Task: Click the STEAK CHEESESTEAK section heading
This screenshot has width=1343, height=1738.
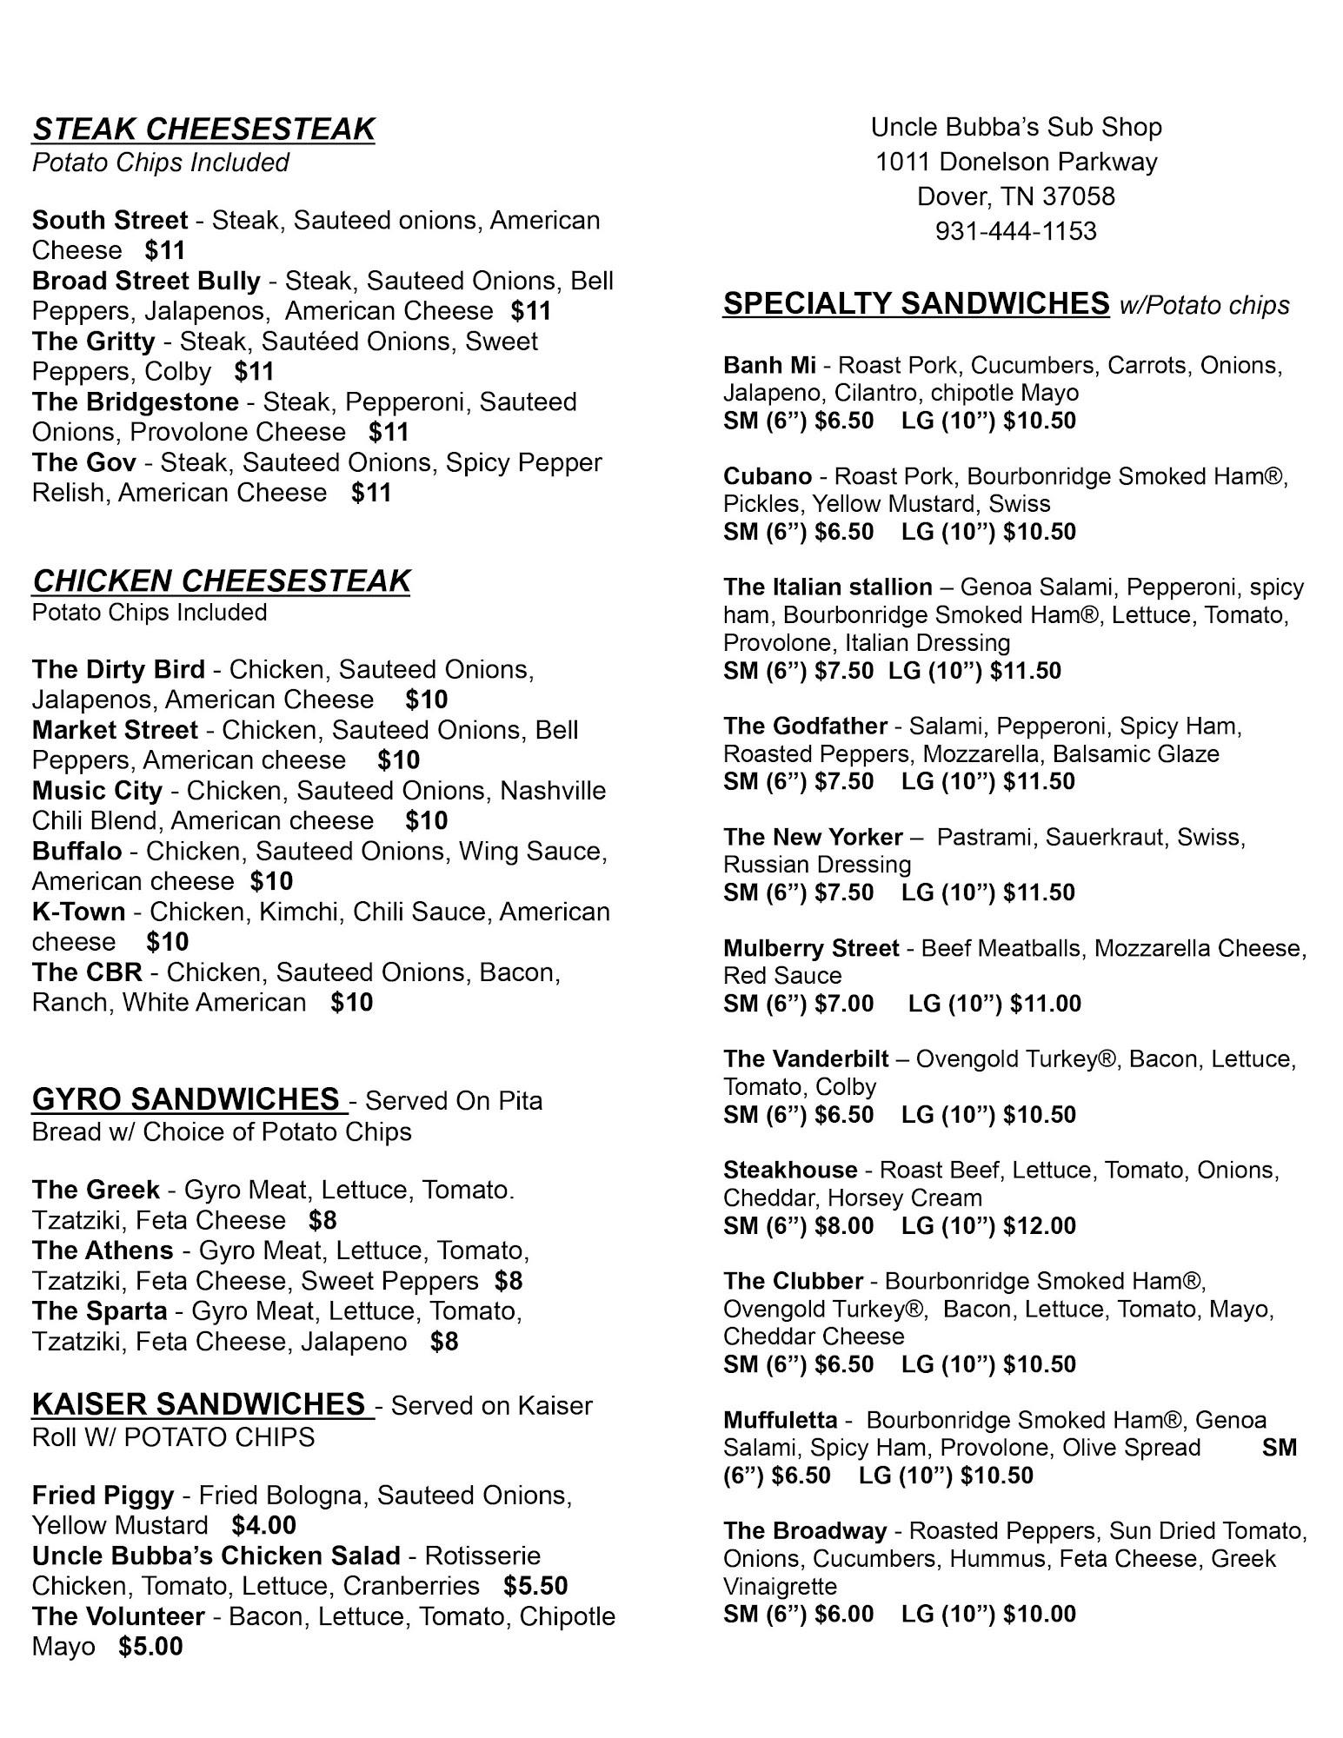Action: tap(203, 129)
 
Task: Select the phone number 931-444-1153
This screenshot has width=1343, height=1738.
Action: tap(1015, 231)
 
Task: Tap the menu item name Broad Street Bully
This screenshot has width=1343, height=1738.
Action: tap(146, 281)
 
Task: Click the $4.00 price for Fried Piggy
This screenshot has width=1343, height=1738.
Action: tap(263, 1525)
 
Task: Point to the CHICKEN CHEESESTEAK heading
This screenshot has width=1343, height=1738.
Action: tap(221, 580)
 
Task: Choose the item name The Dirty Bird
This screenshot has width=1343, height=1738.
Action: tap(118, 669)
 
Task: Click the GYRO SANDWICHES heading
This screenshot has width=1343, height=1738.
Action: tap(185, 1099)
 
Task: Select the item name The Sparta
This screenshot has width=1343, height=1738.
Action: tap(99, 1310)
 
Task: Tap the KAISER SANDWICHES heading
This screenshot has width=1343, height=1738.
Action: tap(198, 1403)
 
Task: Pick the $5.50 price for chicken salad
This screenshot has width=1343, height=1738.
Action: tap(535, 1586)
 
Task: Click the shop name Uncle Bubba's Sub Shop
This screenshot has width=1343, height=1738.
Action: tap(1015, 128)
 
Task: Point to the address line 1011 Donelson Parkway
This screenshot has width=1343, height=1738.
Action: tap(1015, 163)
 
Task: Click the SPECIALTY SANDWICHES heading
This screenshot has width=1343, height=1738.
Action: tap(916, 303)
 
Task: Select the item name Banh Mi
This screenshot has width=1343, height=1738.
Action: tap(769, 365)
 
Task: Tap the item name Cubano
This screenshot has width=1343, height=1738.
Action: tap(768, 476)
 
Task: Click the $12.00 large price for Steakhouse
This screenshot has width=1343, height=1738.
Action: tap(1040, 1226)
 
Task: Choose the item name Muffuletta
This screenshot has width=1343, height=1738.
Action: tap(781, 1420)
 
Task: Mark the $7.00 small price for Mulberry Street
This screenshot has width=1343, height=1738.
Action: tap(844, 1004)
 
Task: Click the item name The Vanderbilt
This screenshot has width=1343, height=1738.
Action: tap(806, 1059)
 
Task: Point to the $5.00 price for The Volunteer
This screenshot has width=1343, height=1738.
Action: tap(150, 1647)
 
